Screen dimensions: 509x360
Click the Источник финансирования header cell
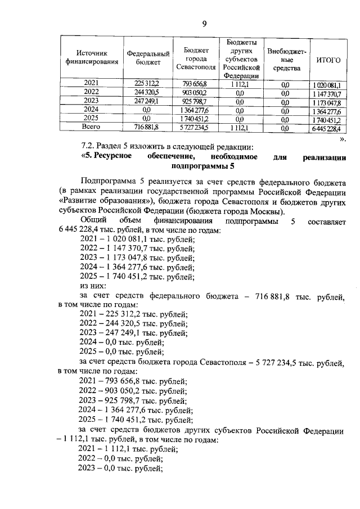[92, 57]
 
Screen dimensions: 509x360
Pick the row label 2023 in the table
[91, 101]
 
